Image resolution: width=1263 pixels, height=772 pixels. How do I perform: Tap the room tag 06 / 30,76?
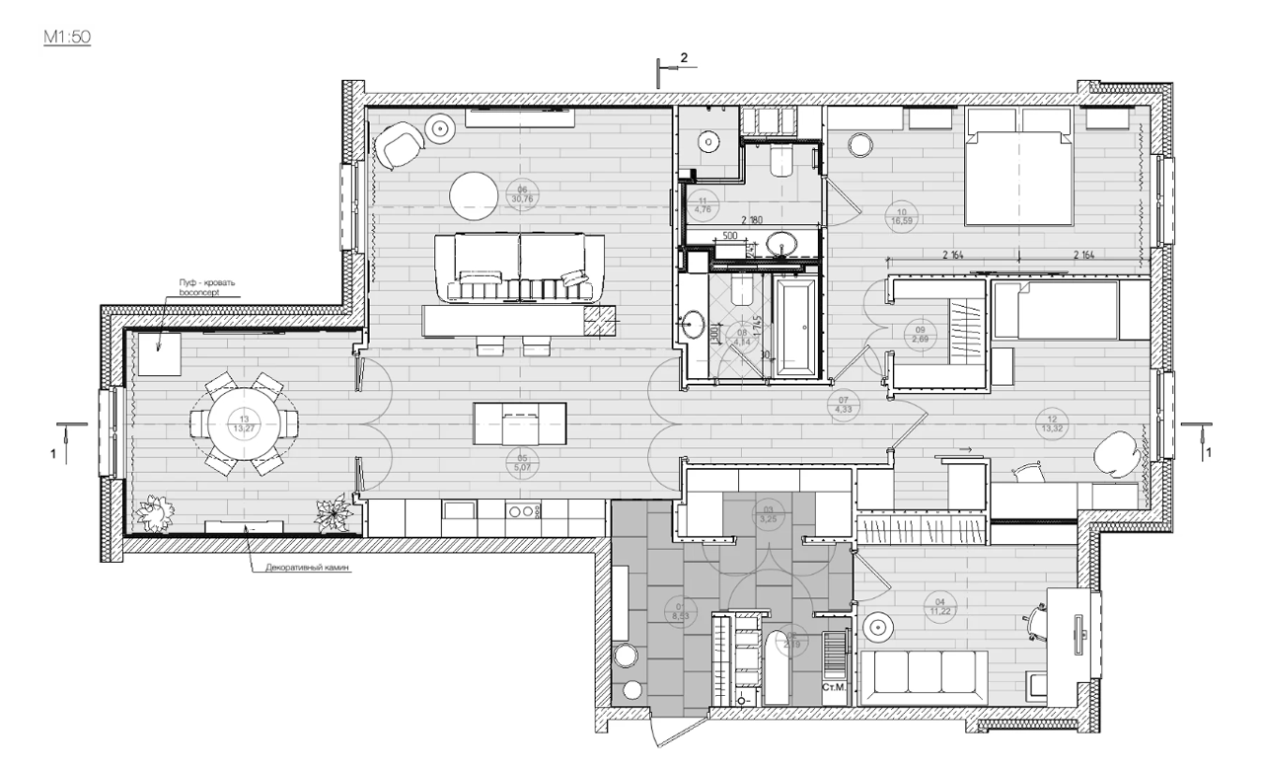click(522, 194)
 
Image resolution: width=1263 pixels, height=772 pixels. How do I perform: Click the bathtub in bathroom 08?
click(794, 326)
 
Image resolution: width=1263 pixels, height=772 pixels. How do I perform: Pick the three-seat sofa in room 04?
click(924, 677)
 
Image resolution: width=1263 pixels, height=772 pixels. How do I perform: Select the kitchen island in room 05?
click(520, 424)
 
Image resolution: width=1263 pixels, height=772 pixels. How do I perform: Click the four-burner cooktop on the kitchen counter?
click(523, 512)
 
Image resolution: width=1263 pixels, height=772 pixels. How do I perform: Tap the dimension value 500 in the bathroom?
click(730, 237)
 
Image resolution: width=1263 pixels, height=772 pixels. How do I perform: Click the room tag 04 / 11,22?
click(939, 605)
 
